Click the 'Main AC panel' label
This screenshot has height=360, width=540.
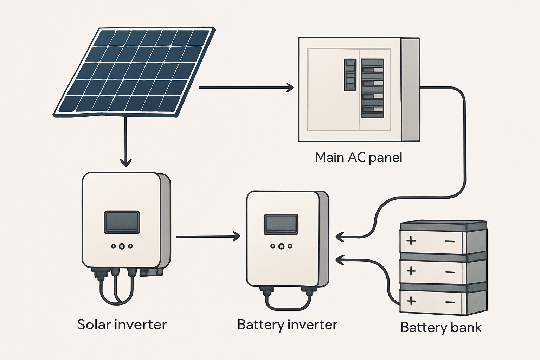[x=358, y=157]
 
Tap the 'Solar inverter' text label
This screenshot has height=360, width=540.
[x=122, y=324]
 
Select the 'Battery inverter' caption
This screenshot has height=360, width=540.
[x=287, y=324]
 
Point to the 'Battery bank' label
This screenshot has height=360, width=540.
[x=441, y=327]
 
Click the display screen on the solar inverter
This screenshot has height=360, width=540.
[x=122, y=222]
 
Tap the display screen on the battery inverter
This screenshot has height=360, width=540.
[x=281, y=224]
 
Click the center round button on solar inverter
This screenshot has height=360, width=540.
[x=122, y=246]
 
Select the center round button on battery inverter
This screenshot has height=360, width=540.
[x=281, y=246]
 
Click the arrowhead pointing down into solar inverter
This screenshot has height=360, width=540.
[x=126, y=162]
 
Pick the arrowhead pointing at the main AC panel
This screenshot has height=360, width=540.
[x=290, y=88]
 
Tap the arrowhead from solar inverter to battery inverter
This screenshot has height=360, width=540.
[x=236, y=237]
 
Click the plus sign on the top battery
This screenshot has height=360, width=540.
[x=411, y=241]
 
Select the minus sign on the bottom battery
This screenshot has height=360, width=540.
[x=450, y=302]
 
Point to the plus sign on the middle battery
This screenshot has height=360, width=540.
[x=411, y=271]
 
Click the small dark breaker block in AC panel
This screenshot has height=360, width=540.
[x=350, y=75]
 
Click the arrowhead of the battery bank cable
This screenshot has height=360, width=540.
[x=340, y=260]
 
